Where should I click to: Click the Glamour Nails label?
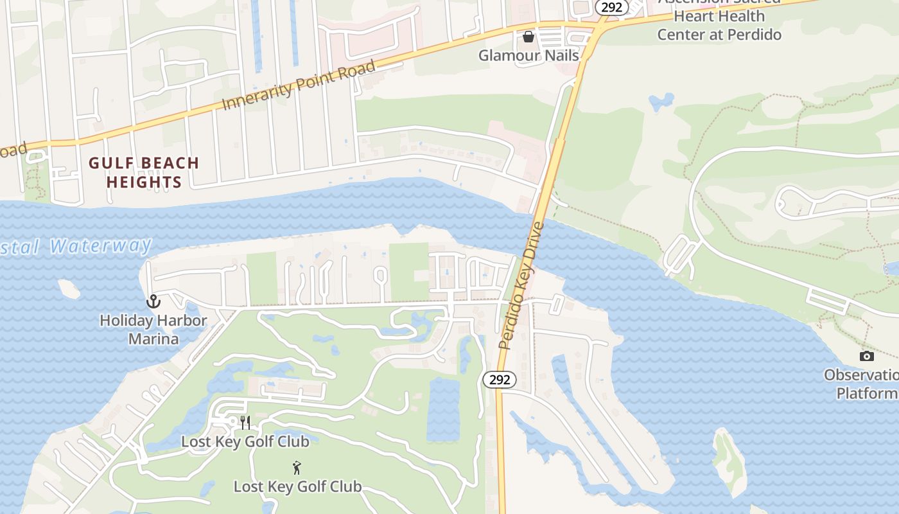click(x=528, y=55)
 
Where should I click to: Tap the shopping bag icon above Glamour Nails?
click(x=528, y=37)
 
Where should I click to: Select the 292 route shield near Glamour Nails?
click(x=611, y=7)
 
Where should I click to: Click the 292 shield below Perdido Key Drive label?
click(x=499, y=380)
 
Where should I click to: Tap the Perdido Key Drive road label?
click(x=521, y=285)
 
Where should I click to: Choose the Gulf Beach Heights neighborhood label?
click(x=144, y=172)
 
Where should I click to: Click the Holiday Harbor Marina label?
click(x=153, y=329)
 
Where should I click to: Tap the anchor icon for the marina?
click(x=153, y=301)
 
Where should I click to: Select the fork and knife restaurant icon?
click(x=245, y=422)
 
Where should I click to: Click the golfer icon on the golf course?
click(x=297, y=468)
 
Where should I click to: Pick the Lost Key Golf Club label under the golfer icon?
click(x=297, y=486)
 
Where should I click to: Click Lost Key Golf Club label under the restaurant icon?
click(x=245, y=441)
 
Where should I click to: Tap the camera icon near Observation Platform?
click(x=866, y=356)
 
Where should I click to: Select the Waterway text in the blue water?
click(x=101, y=246)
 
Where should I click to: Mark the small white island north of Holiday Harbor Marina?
click(x=68, y=289)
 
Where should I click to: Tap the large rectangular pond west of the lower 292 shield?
click(x=443, y=409)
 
